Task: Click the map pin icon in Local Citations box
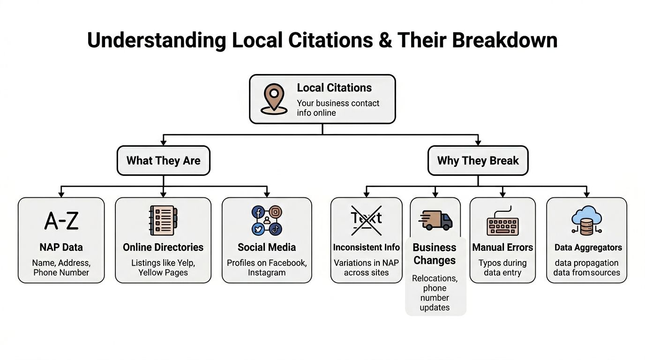pos(274,99)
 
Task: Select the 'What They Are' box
pos(163,161)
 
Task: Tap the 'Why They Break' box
pos(478,161)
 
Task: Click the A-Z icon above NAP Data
pos(61,221)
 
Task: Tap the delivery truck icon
pos(435,220)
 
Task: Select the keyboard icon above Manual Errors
pos(502,223)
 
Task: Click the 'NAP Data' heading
pos(61,247)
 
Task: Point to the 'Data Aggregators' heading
pos(588,247)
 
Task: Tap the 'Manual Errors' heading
pos(502,247)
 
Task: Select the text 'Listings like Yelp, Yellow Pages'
pos(163,268)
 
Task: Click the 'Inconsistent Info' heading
pos(366,247)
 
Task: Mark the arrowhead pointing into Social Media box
pos(267,194)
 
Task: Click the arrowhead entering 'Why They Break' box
pos(478,142)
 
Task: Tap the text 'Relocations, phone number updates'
pos(435,293)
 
